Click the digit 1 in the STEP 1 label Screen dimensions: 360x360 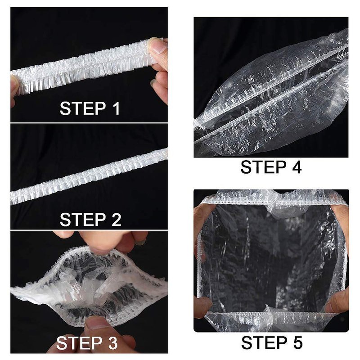click(116, 108)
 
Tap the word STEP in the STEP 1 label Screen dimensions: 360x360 click(83, 108)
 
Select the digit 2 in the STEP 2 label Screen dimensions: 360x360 click(116, 220)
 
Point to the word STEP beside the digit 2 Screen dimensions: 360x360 click(83, 220)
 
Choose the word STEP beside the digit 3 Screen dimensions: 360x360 click(80, 343)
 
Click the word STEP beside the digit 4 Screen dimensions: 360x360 click(264, 167)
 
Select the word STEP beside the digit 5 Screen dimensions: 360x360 click(264, 342)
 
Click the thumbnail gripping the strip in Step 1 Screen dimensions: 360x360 click(158, 46)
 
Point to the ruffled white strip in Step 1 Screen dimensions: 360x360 click(87, 66)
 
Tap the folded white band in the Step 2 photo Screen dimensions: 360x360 click(89, 177)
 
